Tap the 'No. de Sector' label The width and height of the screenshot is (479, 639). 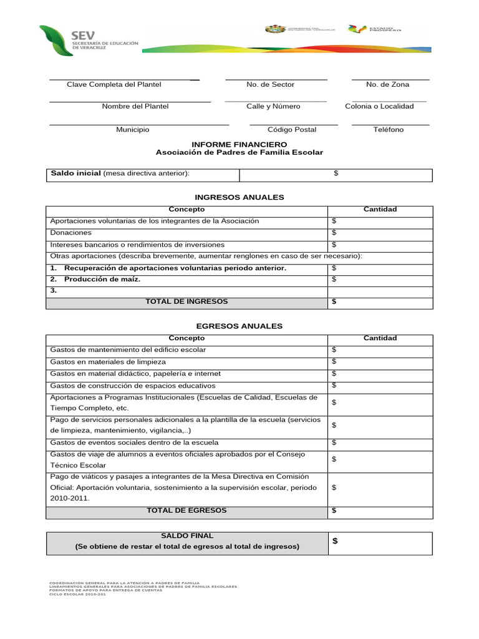click(270, 84)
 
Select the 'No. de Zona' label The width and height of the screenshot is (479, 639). click(387, 84)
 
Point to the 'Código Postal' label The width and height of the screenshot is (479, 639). click(291, 130)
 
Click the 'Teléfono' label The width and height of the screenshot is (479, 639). click(388, 130)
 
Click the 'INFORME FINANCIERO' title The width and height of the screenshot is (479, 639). click(239, 144)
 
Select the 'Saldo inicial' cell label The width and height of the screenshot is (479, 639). click(75, 173)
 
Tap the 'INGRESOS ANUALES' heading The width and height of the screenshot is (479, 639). click(239, 197)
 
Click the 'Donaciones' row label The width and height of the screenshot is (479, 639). click(70, 233)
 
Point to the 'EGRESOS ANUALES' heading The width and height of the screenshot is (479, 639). click(239, 326)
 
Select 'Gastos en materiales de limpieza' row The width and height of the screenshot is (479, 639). click(108, 362)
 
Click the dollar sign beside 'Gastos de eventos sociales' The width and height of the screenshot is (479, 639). click(334, 442)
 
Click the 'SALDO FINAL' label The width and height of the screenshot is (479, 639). click(186, 536)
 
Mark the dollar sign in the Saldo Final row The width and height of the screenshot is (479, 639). click(335, 542)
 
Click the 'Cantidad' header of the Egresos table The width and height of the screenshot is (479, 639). click(380, 338)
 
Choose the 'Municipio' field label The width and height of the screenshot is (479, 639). click(132, 130)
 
